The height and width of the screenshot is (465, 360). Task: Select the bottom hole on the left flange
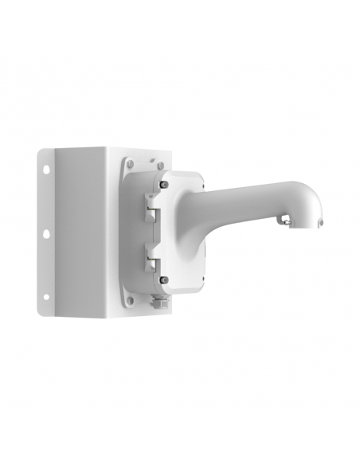point(46,297)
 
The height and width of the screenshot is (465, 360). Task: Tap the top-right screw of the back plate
point(158,166)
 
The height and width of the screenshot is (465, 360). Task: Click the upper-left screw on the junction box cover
point(164,185)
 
